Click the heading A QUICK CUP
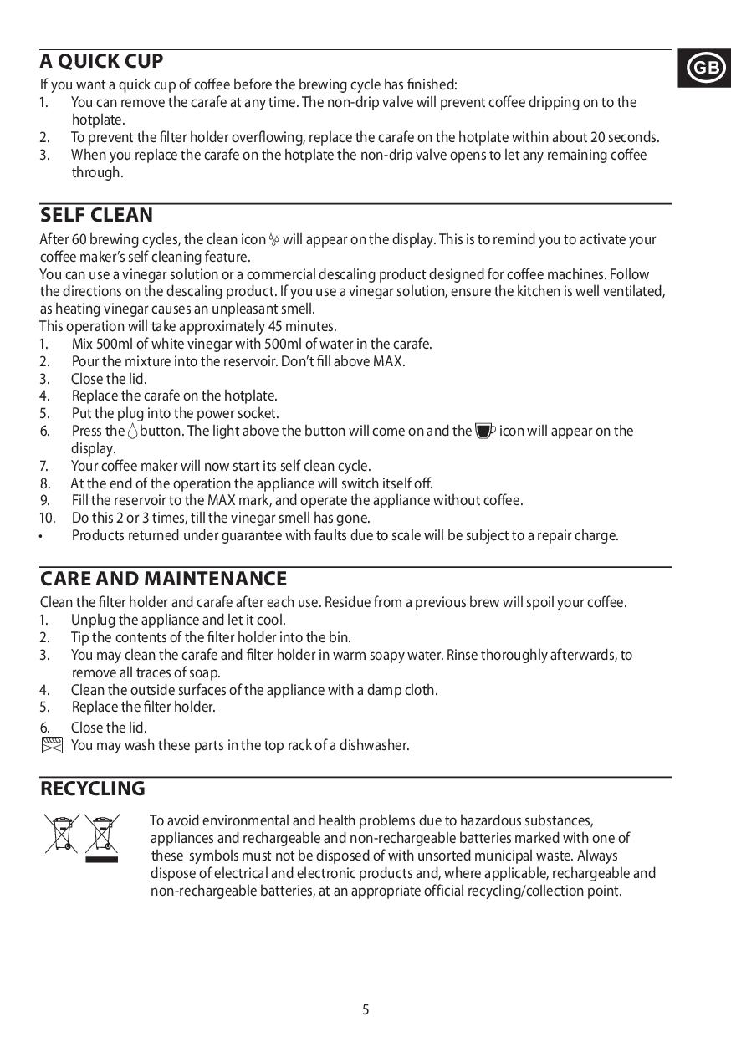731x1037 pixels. click(101, 61)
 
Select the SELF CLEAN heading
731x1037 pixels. click(96, 215)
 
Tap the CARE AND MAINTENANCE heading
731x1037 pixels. click(163, 579)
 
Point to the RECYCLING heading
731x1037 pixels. click(92, 789)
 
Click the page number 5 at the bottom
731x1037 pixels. click(365, 1009)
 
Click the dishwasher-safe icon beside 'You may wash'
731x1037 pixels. click(52, 745)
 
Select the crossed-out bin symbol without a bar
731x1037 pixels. click(61, 833)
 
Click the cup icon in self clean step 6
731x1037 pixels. click(484, 432)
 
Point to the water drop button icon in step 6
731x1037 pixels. click(132, 432)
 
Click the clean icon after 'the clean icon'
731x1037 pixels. click(273, 240)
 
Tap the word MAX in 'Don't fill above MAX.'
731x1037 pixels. click(388, 361)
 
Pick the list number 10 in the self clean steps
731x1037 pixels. click(46, 518)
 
